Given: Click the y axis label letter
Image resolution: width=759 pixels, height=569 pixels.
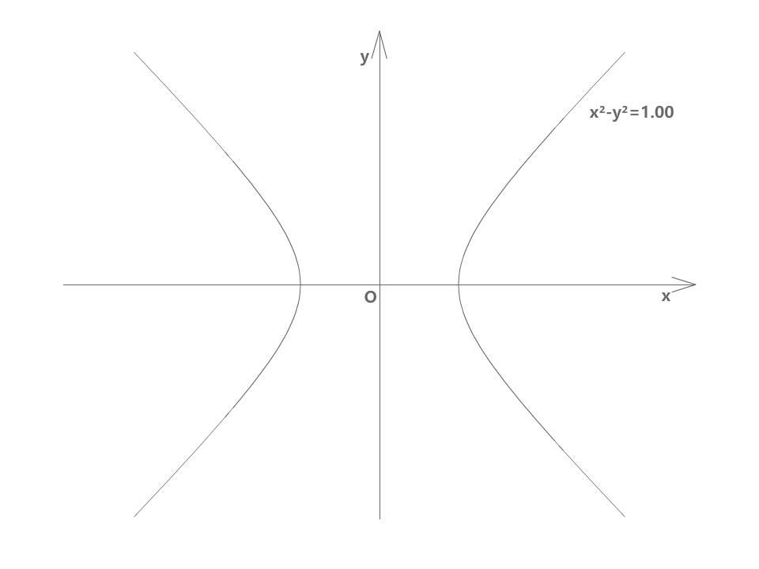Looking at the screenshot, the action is [364, 57].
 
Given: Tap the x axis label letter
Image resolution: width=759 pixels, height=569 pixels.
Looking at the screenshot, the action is [666, 296].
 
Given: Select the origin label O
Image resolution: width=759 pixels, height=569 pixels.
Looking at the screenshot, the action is [370, 297].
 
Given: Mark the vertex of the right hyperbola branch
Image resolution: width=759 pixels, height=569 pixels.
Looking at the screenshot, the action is [459, 284].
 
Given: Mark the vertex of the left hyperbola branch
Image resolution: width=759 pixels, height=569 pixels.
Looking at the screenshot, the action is [300, 284].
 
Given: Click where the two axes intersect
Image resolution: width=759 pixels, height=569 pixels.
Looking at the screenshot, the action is [380, 284].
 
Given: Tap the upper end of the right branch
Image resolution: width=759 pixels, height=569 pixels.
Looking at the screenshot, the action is [625, 53].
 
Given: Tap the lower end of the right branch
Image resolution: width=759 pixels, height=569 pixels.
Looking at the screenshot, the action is [625, 516].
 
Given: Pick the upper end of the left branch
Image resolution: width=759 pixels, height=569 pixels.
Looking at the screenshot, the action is [134, 53].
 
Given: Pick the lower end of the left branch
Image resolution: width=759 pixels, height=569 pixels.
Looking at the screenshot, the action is [134, 516].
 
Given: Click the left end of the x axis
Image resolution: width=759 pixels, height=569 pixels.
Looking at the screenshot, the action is [64, 284].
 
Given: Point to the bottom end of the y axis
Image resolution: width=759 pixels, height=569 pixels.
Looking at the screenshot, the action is [380, 518].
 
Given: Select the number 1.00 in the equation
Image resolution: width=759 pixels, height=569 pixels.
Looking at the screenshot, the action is [657, 112].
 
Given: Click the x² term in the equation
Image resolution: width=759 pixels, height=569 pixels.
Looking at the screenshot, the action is [597, 112].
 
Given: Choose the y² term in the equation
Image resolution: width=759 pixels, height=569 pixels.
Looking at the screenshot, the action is [619, 112].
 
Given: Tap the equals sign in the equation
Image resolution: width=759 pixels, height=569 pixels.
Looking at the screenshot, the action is [634, 112].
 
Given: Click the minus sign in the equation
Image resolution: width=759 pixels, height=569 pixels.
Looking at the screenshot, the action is [608, 113].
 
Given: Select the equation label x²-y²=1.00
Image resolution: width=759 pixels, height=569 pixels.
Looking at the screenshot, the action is [632, 112].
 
